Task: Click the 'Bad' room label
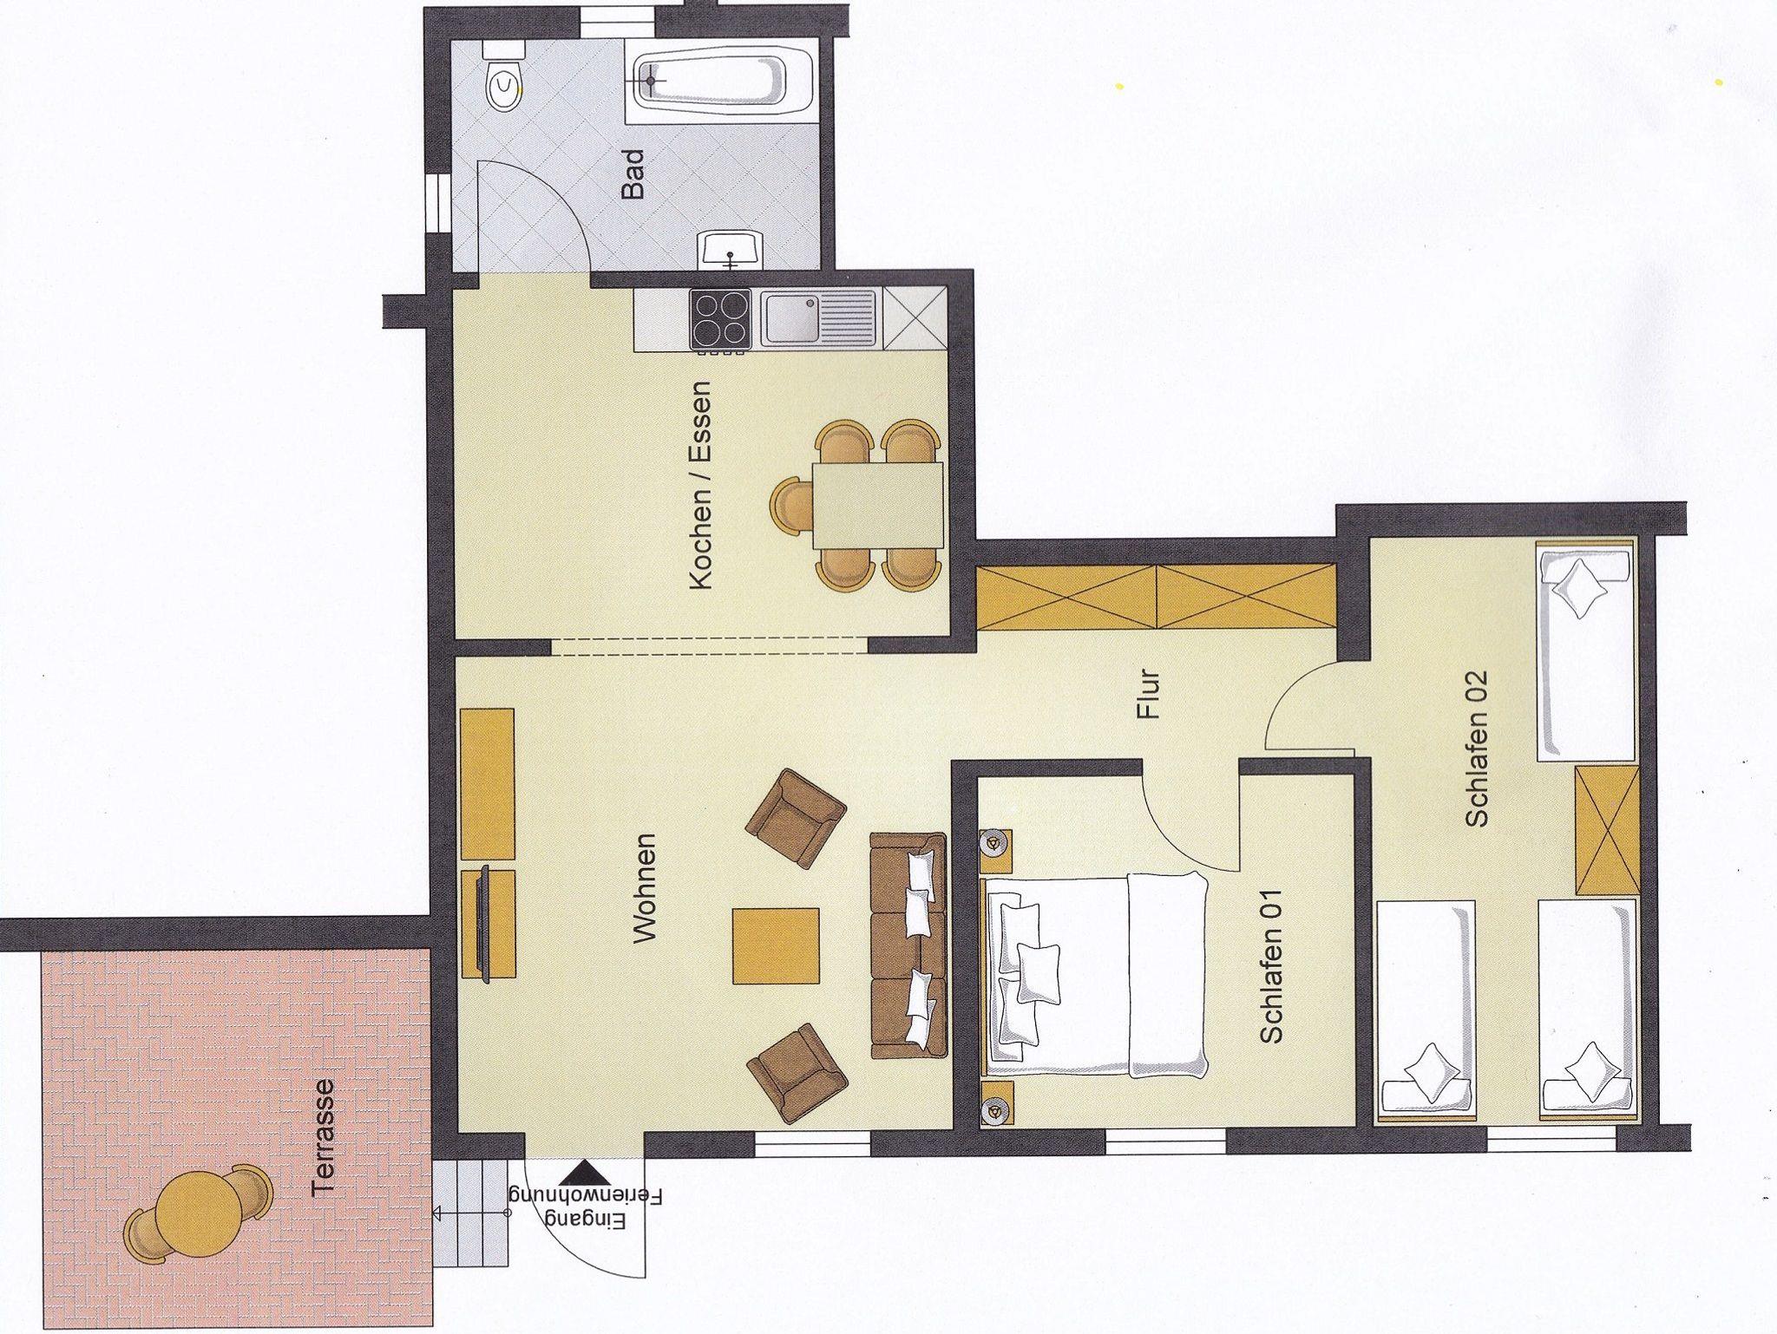tap(634, 174)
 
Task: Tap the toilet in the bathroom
tap(504, 85)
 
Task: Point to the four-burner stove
tap(720, 320)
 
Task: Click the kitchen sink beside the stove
tap(818, 319)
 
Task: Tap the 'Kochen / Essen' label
tap(699, 486)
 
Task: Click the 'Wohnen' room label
tap(646, 888)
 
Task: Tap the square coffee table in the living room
tap(776, 945)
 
